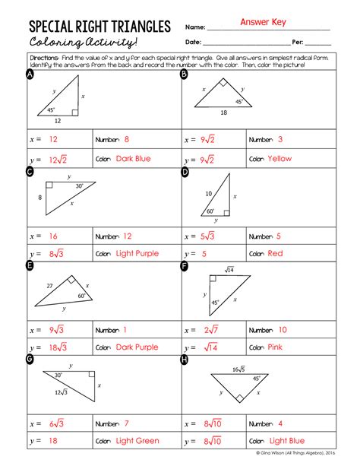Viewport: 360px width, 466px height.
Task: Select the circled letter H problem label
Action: [x=184, y=359]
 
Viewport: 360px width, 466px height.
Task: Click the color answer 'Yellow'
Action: [x=279, y=159]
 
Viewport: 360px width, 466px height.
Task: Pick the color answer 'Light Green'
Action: [x=137, y=441]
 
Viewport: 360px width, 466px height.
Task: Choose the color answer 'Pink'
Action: [x=275, y=347]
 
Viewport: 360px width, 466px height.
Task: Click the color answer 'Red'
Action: [x=275, y=253]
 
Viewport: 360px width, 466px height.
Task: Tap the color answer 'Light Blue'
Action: [x=287, y=441]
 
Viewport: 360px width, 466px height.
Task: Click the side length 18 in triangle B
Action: [x=224, y=113]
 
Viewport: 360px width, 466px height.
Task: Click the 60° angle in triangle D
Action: [x=210, y=212]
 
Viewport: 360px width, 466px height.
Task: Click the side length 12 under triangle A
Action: [x=56, y=119]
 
